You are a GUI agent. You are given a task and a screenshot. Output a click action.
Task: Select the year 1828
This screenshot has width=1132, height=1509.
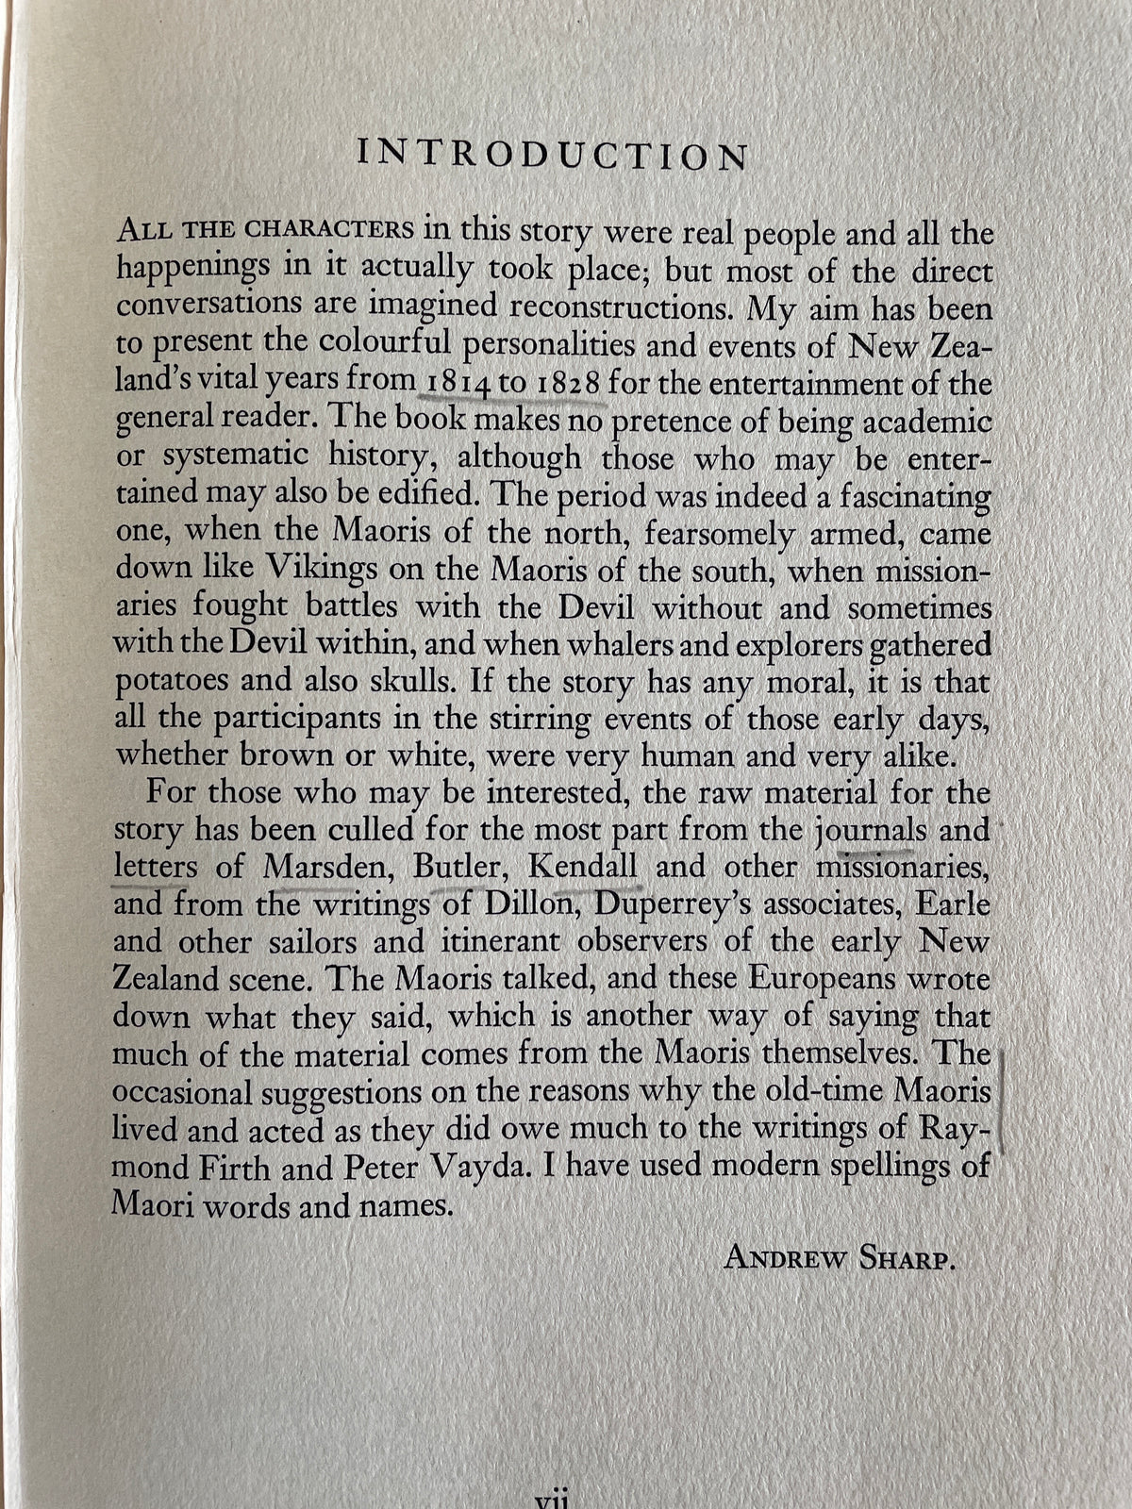click(569, 385)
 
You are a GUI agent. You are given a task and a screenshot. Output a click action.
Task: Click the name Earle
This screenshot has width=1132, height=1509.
click(954, 904)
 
